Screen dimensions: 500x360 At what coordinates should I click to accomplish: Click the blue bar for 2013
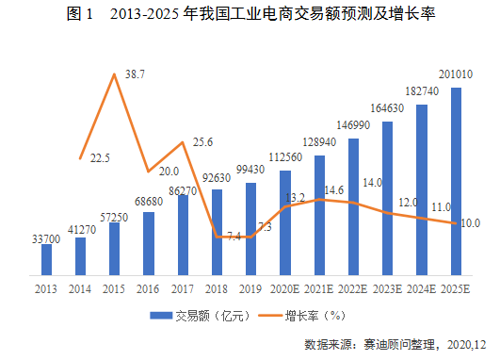pos(46,259)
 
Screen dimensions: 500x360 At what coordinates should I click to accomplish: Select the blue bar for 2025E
pos(456,181)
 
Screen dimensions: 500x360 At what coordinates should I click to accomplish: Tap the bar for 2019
pos(251,229)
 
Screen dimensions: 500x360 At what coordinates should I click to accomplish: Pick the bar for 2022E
pos(353,206)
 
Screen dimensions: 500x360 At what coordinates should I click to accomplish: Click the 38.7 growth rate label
pos(135,74)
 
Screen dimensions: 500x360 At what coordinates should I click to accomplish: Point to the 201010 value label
pos(456,74)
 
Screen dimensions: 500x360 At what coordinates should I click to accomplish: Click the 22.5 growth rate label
pos(100,158)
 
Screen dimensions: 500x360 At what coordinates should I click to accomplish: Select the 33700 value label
pos(46,239)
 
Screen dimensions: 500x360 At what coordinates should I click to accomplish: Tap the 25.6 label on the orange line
pos(202,142)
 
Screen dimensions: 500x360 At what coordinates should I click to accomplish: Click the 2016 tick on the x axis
pos(148,289)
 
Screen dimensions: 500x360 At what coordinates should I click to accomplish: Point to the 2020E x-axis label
pos(284,289)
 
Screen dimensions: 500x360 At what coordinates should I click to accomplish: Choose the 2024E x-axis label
pos(421,289)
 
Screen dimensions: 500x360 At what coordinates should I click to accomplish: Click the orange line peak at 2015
pos(114,74)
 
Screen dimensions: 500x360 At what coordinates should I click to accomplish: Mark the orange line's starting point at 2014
pos(80,158)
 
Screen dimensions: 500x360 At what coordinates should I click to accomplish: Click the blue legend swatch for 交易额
pos(161,316)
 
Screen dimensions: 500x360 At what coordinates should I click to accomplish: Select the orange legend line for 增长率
pos(270,316)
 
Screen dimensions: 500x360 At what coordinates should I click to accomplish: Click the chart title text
pos(250,14)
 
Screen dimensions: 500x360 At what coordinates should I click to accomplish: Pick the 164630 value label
pos(387,108)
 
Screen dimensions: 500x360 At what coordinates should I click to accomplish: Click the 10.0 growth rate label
pos(471,223)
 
